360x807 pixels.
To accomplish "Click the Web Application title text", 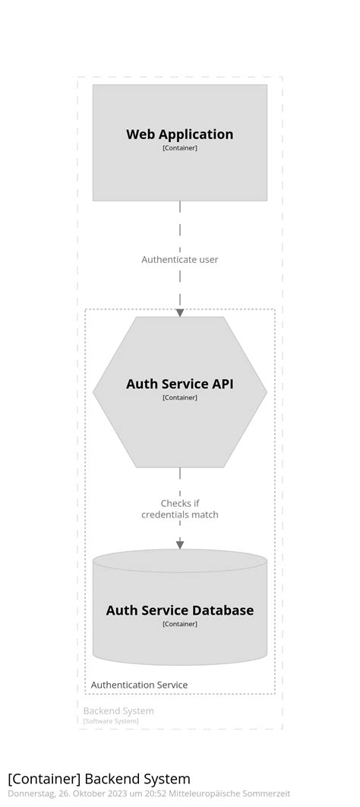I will pos(179,134).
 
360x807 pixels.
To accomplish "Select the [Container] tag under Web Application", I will pos(179,148).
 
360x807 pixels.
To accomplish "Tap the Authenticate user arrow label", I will pos(179,260).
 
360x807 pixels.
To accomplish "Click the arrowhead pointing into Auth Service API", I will pos(180,312).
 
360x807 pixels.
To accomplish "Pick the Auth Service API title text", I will pos(179,384).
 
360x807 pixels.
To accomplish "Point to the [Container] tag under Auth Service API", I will pos(179,397).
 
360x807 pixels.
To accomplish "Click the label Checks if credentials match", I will pos(179,509).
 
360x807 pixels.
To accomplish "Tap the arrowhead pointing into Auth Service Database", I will pos(180,544).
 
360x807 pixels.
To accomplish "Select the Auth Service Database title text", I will pos(179,610).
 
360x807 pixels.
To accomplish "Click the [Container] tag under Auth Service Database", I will pos(179,624).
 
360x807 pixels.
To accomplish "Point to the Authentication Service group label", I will pos(139,685).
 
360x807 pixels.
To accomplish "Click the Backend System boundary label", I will pos(118,710).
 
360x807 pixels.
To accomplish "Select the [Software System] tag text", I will pos(111,721).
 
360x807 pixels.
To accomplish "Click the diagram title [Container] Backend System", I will pos(99,778).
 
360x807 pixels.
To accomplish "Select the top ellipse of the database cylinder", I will pos(179,561).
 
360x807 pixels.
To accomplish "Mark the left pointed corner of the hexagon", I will pos(95,391).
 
